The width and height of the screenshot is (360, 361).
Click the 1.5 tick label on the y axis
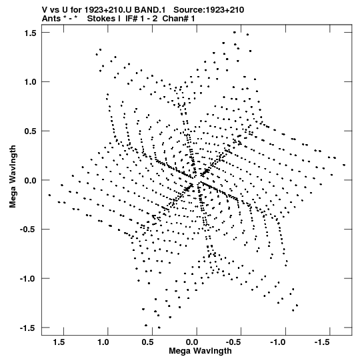click(31, 33)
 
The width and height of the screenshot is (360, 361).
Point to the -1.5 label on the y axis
click(28, 328)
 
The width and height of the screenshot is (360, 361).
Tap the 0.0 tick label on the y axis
click(31, 180)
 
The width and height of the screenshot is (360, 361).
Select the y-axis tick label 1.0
click(31, 82)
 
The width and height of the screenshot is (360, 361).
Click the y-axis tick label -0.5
click(28, 230)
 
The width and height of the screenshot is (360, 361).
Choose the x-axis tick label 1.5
click(59, 342)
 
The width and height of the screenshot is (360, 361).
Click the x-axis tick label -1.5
click(323, 342)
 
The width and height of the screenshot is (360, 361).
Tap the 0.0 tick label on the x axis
click(192, 342)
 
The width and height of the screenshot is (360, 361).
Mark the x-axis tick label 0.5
click(147, 342)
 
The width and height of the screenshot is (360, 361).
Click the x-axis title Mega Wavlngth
click(200, 351)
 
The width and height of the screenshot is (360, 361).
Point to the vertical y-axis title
click(13, 177)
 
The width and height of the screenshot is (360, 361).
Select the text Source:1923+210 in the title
click(209, 10)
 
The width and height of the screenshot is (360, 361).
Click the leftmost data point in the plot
click(49, 196)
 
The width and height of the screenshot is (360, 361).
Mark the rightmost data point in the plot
click(344, 165)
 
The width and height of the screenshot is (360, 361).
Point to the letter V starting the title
click(45, 10)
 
